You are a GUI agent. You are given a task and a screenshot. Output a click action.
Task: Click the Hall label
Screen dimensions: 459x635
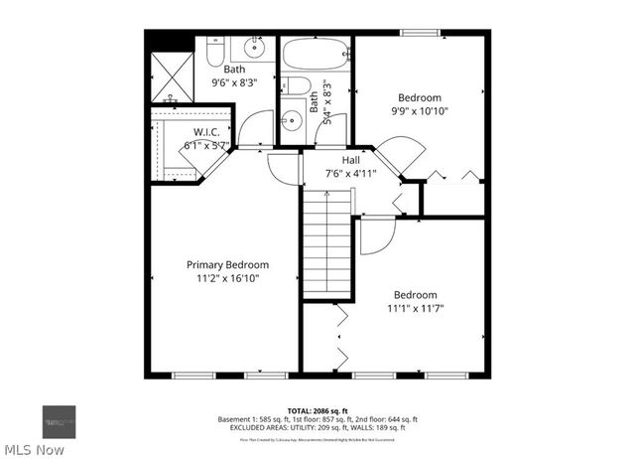pyautogui.click(x=350, y=159)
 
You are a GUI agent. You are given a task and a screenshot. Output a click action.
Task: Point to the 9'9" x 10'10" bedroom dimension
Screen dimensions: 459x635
pyautogui.click(x=419, y=111)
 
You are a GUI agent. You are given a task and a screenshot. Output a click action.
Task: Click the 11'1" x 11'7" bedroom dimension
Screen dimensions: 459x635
pyautogui.click(x=415, y=308)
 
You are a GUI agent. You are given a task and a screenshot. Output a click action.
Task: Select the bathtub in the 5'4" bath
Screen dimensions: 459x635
pyautogui.click(x=315, y=54)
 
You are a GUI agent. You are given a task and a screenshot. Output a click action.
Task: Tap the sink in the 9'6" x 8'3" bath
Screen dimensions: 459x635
pyautogui.click(x=256, y=46)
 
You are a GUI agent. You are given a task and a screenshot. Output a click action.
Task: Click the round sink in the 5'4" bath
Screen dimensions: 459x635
pyautogui.click(x=291, y=121)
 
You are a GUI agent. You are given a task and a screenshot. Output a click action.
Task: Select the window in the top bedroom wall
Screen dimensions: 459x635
pyautogui.click(x=422, y=33)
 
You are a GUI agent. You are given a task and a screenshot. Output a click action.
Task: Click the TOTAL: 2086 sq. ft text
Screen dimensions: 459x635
pyautogui.click(x=317, y=409)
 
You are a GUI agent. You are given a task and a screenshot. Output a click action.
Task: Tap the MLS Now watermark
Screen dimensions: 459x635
pyautogui.click(x=34, y=449)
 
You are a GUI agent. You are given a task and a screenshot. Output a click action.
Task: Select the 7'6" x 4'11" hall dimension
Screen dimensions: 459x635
pyautogui.click(x=350, y=173)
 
